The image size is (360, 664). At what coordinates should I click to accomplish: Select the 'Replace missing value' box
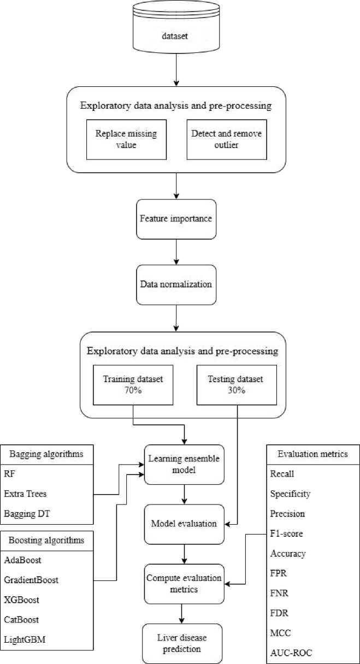126,140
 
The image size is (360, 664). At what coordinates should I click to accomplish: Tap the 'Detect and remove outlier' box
227,140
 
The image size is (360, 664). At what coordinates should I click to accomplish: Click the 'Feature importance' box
176,219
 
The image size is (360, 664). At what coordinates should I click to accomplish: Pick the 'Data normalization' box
176,285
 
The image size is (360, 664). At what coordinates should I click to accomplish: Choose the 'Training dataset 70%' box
133,385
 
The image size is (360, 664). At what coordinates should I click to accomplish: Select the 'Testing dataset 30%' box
237,385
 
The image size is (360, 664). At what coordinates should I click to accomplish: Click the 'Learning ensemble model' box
184,465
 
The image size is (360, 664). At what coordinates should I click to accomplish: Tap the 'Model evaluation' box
184,524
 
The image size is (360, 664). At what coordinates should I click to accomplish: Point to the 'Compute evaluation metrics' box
184,584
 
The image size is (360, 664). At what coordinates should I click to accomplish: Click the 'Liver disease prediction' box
182,644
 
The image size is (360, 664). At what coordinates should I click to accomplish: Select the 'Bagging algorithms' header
46,454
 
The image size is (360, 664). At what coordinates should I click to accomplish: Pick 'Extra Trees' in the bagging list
25,494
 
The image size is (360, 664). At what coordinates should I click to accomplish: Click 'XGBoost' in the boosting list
21,600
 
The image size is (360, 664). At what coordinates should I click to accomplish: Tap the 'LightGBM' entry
25,639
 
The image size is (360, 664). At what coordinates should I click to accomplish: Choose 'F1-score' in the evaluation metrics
286,533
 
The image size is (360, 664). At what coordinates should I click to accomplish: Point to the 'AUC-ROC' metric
291,653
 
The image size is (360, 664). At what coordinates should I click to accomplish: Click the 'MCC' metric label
280,633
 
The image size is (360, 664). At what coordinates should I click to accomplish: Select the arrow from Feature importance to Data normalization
176,252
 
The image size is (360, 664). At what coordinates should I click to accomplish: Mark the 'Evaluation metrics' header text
312,454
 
